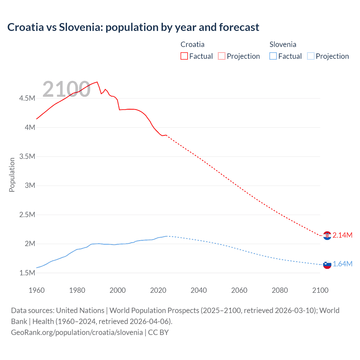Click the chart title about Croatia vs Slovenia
133,27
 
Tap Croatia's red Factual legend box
184,56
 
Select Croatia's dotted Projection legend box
222,56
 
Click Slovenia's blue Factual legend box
273,56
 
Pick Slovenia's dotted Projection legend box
310,56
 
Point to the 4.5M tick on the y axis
27,98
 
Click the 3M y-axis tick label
30,185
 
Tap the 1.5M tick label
27,273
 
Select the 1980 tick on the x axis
77,290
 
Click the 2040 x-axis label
199,290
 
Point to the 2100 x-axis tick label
320,290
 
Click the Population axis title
12,175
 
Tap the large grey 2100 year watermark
66,89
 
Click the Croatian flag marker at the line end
327,235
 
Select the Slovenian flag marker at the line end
327,264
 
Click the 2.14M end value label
342,235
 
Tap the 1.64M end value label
342,264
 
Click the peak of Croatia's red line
97,82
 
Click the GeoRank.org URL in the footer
77,332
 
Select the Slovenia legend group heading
283,44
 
